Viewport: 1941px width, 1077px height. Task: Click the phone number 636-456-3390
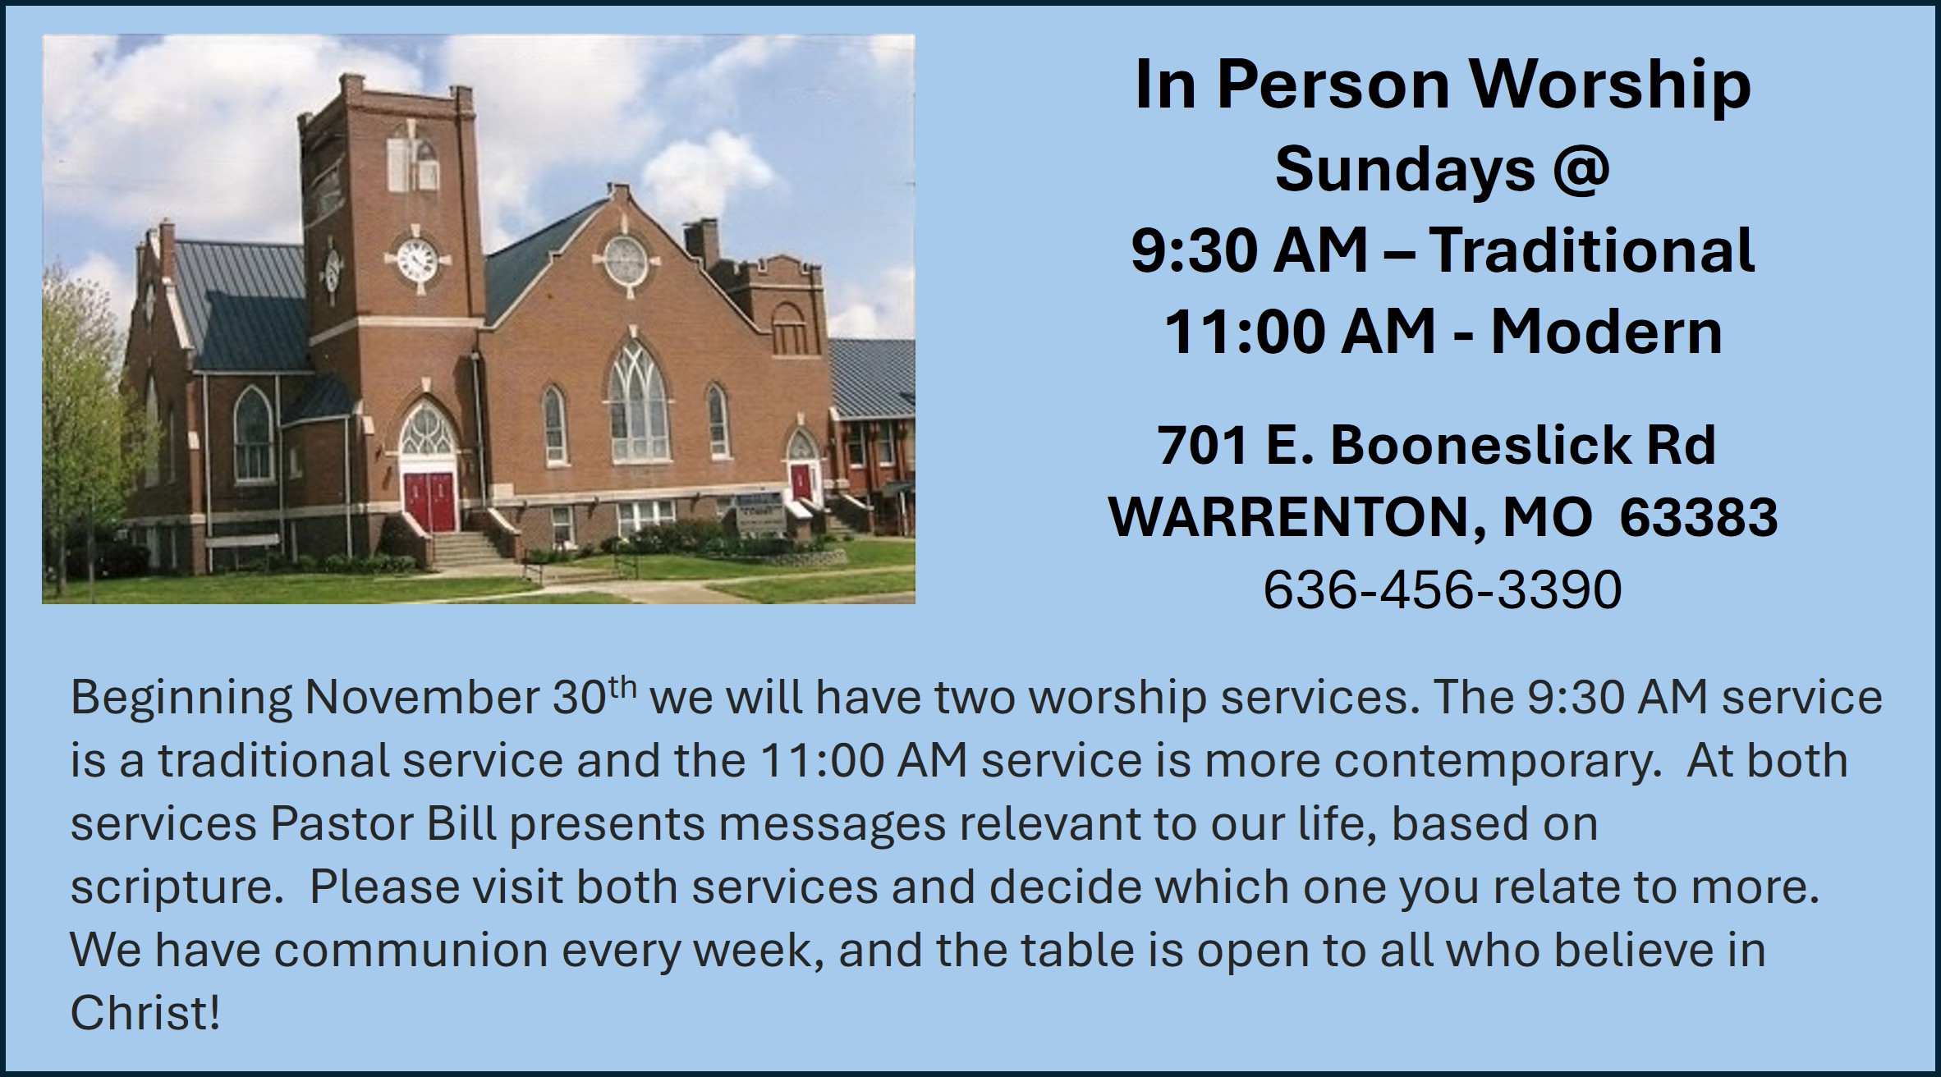[x=1443, y=589]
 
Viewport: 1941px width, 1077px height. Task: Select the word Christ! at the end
[x=145, y=1014]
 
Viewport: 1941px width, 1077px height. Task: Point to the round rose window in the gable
[x=626, y=259]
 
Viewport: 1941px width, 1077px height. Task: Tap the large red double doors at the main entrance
[x=430, y=501]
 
